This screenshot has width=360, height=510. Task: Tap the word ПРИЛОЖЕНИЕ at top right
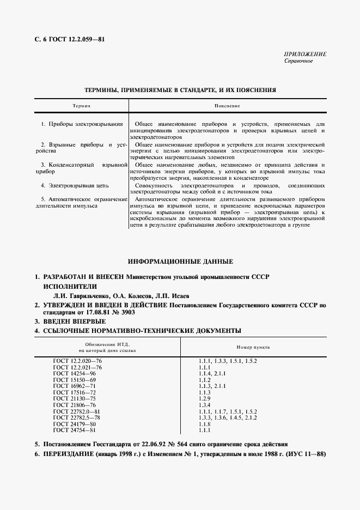305,54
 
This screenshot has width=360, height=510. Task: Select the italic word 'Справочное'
298,61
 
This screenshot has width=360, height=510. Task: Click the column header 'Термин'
81,105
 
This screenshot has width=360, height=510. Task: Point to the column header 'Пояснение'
227,105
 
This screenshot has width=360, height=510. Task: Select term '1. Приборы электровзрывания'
82,124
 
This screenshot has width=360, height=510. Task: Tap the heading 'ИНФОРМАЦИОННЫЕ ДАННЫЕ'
180,262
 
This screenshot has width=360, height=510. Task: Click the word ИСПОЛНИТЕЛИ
70,286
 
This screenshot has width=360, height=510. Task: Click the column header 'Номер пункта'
253,347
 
